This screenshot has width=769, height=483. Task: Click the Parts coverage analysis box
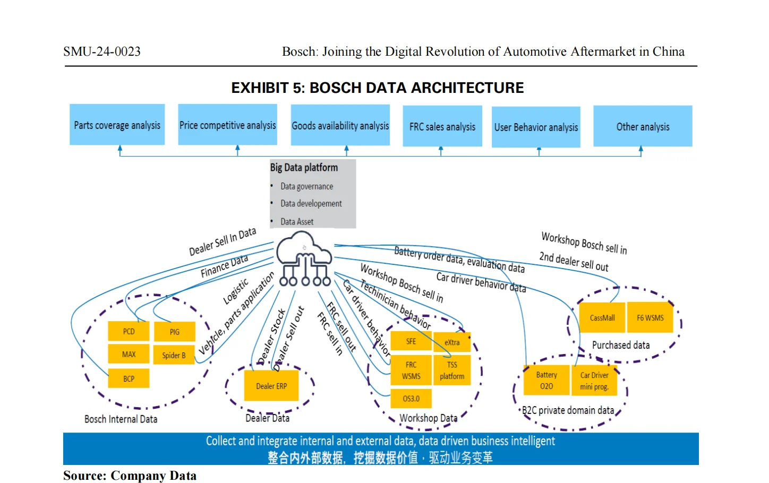(117, 125)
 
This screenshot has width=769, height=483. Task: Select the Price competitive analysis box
(227, 125)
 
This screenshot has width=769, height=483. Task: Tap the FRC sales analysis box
(442, 126)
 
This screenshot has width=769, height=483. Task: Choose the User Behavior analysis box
(536, 127)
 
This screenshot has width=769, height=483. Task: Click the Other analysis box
(643, 126)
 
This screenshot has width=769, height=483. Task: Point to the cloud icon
(304, 258)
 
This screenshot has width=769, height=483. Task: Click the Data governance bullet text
(306, 186)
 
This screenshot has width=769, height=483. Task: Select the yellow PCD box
(129, 331)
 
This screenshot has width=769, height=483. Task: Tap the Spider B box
(174, 355)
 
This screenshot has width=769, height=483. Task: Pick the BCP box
(129, 378)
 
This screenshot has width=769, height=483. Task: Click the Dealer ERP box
(271, 385)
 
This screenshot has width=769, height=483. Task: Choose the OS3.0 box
(411, 398)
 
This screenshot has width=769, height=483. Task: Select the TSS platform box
(452, 370)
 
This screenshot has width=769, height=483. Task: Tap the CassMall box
(602, 317)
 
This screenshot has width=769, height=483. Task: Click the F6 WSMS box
(650, 317)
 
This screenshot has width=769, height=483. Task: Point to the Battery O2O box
(546, 380)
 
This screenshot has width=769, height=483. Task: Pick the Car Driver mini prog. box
(594, 381)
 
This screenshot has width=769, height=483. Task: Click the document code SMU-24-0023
(102, 51)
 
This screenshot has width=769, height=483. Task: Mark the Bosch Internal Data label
(121, 419)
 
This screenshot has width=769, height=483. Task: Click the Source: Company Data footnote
(130, 476)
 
